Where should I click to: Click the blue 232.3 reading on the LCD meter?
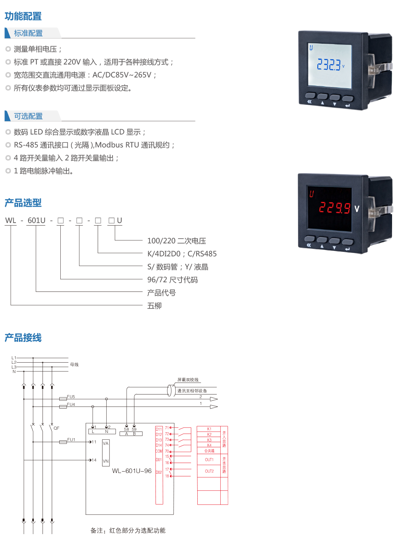pyautogui.click(x=329, y=65)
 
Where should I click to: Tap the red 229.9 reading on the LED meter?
pyautogui.click(x=335, y=208)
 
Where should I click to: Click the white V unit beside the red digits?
pyautogui.click(x=357, y=209)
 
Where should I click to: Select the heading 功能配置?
pyautogui.click(x=23, y=16)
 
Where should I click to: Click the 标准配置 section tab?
pyautogui.click(x=29, y=33)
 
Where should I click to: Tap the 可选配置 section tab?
pyautogui.click(x=29, y=116)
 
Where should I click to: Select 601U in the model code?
pyautogui.click(x=36, y=221)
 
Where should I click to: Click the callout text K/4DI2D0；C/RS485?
pyautogui.click(x=182, y=254)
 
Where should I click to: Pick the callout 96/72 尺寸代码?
pyautogui.click(x=172, y=280)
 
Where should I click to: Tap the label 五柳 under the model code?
pyautogui.click(x=154, y=306)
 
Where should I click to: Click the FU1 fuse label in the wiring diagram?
pyautogui.click(x=71, y=440)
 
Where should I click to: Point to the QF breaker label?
pyautogui.click(x=56, y=428)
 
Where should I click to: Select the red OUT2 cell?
pyautogui.click(x=209, y=471)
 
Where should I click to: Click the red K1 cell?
pyautogui.click(x=209, y=429)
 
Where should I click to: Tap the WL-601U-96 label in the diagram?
pyautogui.click(x=132, y=471)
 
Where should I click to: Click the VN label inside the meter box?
pyautogui.click(x=106, y=461)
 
